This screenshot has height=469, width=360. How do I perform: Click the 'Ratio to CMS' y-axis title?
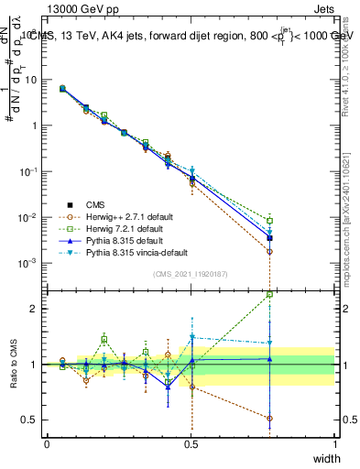tap(12, 364)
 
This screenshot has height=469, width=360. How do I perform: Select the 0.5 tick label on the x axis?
tap(191, 444)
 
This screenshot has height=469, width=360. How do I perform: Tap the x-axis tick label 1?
tap(334, 444)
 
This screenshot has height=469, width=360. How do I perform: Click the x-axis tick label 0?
tap(48, 444)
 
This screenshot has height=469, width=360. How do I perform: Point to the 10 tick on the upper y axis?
tap(31, 80)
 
